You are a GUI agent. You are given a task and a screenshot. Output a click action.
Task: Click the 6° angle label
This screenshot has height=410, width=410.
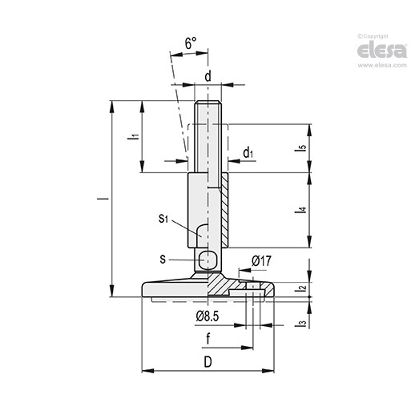click(190, 43)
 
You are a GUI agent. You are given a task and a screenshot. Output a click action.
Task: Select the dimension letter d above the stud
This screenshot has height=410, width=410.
click(208, 76)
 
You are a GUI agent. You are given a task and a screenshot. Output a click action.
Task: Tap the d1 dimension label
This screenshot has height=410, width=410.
click(248, 153)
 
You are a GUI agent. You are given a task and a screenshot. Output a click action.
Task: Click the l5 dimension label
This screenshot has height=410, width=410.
click(302, 148)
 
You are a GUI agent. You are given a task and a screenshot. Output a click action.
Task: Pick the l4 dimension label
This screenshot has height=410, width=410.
click(302, 210)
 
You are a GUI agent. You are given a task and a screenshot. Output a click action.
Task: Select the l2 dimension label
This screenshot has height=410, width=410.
click(303, 288)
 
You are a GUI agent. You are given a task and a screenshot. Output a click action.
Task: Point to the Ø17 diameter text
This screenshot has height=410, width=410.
click(261, 261)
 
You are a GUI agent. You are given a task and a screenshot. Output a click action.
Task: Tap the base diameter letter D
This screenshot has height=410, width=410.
click(208, 362)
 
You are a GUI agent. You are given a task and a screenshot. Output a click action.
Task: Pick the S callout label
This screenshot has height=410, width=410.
click(163, 259)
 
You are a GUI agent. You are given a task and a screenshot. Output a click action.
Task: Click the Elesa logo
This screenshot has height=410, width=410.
click(382, 50)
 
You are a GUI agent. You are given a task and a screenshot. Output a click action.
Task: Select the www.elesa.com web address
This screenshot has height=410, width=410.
click(382, 66)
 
